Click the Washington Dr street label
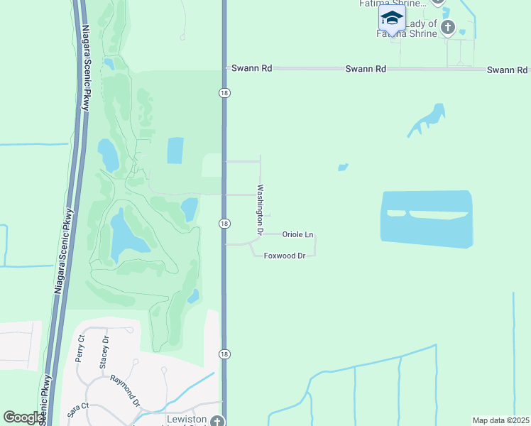(x=261, y=210)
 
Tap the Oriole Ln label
(x=297, y=234)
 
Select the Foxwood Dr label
(x=284, y=256)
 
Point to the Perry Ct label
(x=80, y=349)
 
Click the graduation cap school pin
(x=391, y=18)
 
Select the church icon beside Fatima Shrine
(x=447, y=28)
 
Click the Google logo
(x=23, y=417)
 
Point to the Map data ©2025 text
(x=500, y=420)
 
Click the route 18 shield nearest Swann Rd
(x=224, y=93)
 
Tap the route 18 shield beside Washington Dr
(x=224, y=223)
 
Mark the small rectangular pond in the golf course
(x=175, y=150)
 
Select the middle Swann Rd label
(x=366, y=69)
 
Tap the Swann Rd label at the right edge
(x=507, y=70)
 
